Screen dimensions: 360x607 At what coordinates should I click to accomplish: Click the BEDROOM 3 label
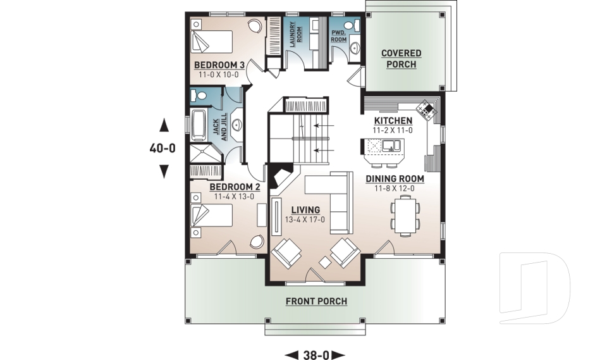click(219, 65)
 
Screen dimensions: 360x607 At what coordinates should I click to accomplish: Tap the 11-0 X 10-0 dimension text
click(219, 75)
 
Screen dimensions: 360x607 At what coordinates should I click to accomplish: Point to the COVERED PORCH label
click(401, 59)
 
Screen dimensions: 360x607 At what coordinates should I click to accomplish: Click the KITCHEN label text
click(393, 121)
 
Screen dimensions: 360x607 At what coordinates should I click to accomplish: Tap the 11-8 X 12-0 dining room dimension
click(395, 189)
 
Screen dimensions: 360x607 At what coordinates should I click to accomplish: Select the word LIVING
click(305, 210)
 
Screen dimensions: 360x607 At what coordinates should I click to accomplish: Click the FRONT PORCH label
click(316, 301)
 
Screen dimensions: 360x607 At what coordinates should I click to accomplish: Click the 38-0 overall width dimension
click(316, 355)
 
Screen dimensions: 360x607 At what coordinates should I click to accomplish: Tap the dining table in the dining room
click(404, 213)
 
